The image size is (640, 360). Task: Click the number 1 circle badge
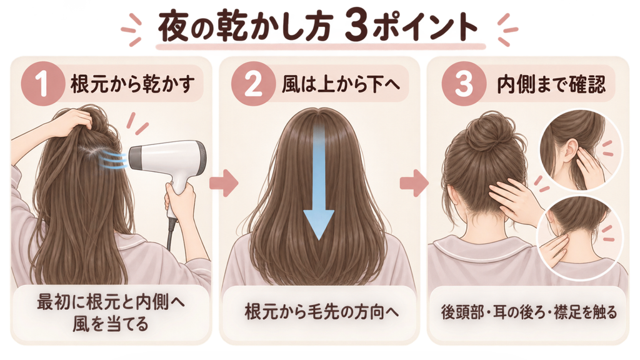pos(43,84)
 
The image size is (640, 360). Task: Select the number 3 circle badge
pos(464,84)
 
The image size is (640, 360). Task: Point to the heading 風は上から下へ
pos(341,84)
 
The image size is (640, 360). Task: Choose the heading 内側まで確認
pos(551,84)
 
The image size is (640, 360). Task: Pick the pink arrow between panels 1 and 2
pos(224,184)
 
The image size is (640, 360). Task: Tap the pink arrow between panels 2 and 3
pos(414,184)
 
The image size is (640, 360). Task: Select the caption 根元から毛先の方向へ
pos(321,312)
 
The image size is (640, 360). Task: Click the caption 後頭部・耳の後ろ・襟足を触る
pos(529,312)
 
